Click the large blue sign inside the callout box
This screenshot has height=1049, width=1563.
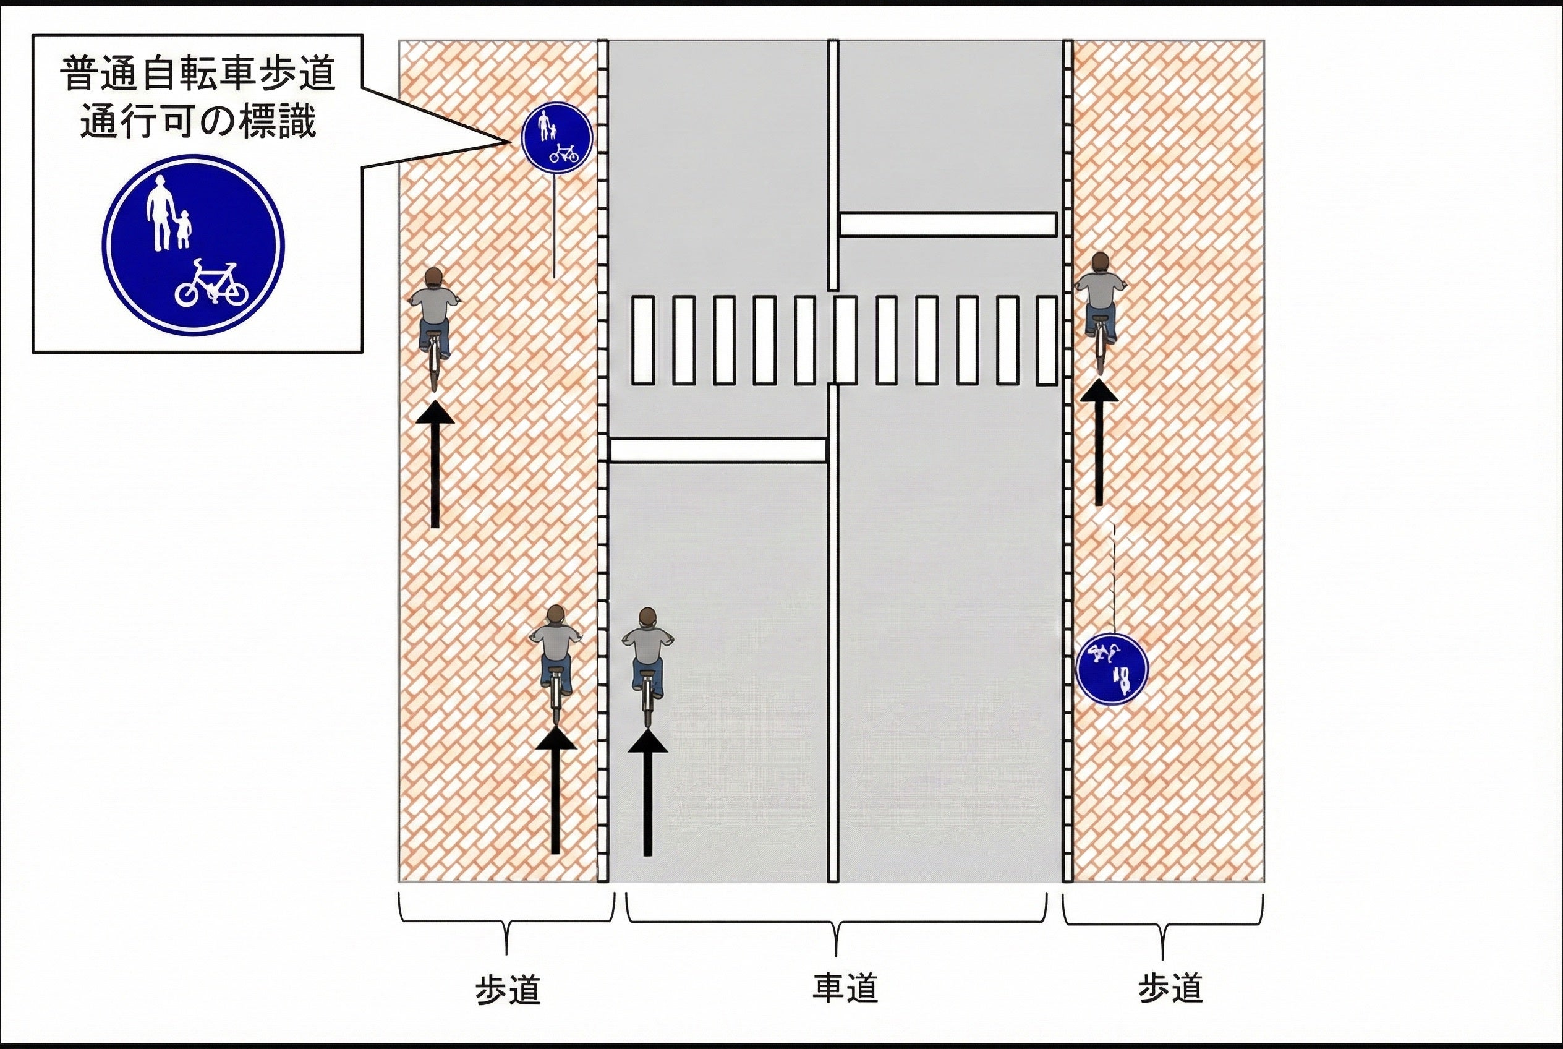194,245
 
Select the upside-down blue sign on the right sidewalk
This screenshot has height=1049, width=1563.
1112,669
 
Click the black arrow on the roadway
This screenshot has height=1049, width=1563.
647,794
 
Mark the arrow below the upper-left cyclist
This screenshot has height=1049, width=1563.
435,465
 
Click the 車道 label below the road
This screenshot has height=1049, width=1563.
845,988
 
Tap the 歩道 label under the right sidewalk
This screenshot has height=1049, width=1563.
1170,988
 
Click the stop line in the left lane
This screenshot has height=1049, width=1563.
718,450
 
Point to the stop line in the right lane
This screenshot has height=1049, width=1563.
948,224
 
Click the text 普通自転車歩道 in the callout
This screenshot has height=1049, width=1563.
197,74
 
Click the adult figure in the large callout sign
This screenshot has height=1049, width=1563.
159,214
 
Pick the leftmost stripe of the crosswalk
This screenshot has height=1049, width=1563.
643,341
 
